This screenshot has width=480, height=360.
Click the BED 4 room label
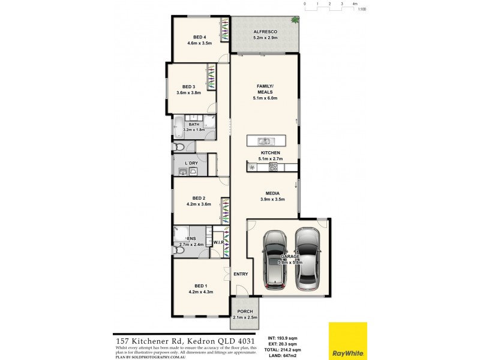192,37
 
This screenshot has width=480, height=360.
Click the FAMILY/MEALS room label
265,89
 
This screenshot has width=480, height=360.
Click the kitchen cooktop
273,167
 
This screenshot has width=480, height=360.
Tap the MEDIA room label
272,193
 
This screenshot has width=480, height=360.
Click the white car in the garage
308,258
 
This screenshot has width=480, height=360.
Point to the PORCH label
244,311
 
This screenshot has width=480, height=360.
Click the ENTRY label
241,274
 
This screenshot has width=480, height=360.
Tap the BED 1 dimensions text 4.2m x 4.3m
200,292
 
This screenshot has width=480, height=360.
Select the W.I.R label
218,243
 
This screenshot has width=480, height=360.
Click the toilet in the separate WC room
180,146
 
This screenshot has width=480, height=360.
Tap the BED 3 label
189,87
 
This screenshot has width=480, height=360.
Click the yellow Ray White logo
347,341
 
